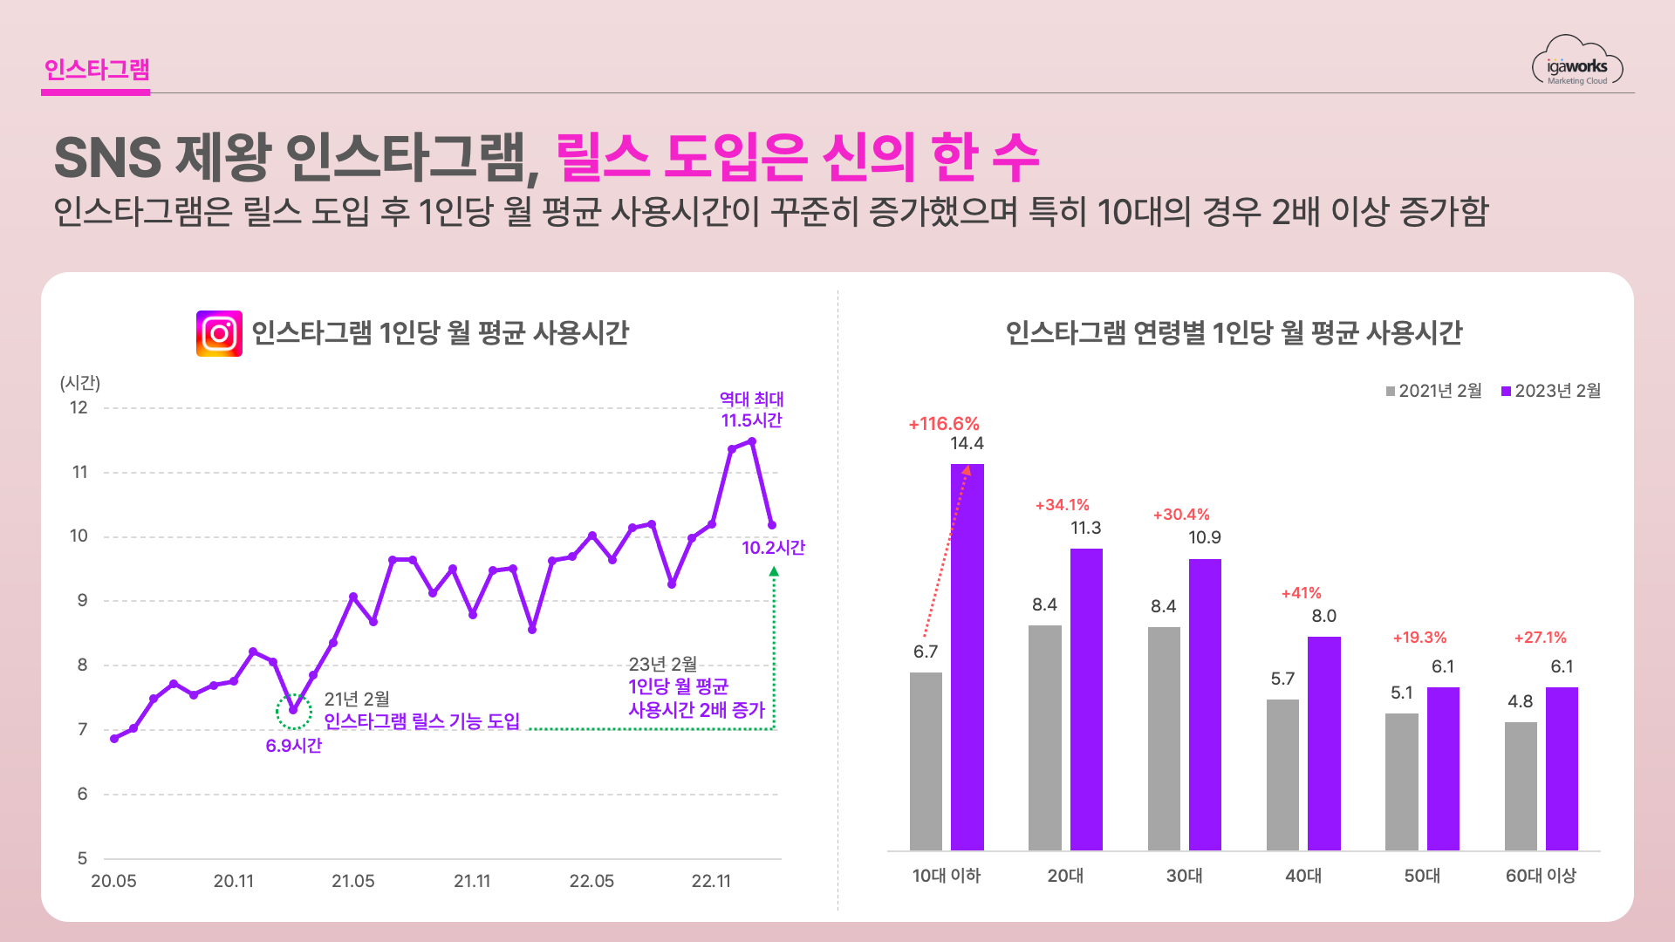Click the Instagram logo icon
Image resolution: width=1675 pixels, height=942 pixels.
[219, 333]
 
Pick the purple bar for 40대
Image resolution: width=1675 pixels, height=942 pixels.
[1323, 743]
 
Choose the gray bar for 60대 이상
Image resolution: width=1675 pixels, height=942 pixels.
[1521, 786]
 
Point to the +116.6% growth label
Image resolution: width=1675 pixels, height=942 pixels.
[944, 424]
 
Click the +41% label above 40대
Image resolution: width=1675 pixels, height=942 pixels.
[1301, 593]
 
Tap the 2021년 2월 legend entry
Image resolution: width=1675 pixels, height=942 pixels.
[1433, 391]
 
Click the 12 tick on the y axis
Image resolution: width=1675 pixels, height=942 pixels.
[79, 407]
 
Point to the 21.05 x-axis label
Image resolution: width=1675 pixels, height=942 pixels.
[352, 881]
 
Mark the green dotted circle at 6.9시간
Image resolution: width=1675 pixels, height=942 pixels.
[294, 711]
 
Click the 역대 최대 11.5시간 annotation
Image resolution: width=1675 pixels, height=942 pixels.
[751, 410]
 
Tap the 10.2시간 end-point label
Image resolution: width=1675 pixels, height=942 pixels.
[773, 548]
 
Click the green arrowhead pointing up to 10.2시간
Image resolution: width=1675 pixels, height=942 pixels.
[774, 572]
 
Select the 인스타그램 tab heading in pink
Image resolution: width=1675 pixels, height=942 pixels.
[97, 70]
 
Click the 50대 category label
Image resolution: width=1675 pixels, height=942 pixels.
[1422, 876]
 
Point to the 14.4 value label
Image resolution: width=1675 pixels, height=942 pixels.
[967, 444]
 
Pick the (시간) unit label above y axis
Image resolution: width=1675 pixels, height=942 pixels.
[80, 383]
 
